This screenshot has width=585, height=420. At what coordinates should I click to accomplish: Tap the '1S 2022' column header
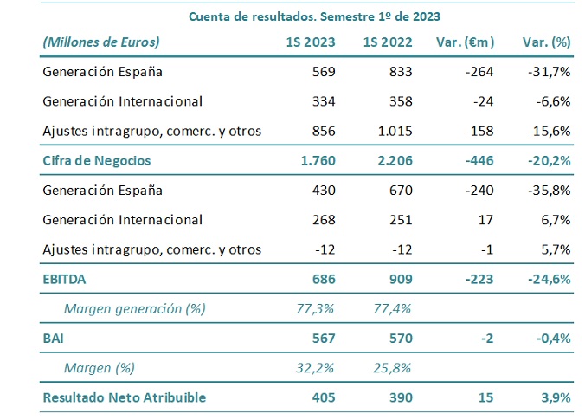click(x=389, y=42)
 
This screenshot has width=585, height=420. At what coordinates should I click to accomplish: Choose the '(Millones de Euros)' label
click(x=101, y=42)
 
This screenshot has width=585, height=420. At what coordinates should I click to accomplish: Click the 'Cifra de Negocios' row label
click(x=97, y=160)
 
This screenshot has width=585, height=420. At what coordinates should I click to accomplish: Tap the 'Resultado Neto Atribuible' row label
click(x=124, y=397)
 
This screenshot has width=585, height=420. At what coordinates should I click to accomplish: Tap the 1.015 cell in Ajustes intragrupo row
click(x=394, y=131)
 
